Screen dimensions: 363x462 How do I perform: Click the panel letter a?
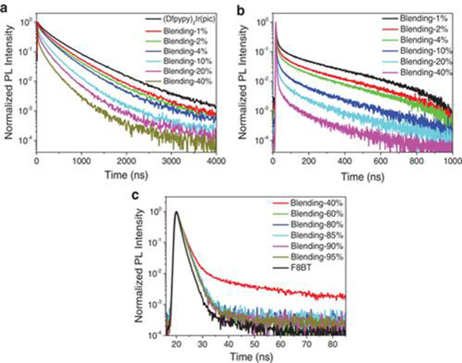coord(5,8)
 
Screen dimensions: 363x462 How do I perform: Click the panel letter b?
coord(241,8)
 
